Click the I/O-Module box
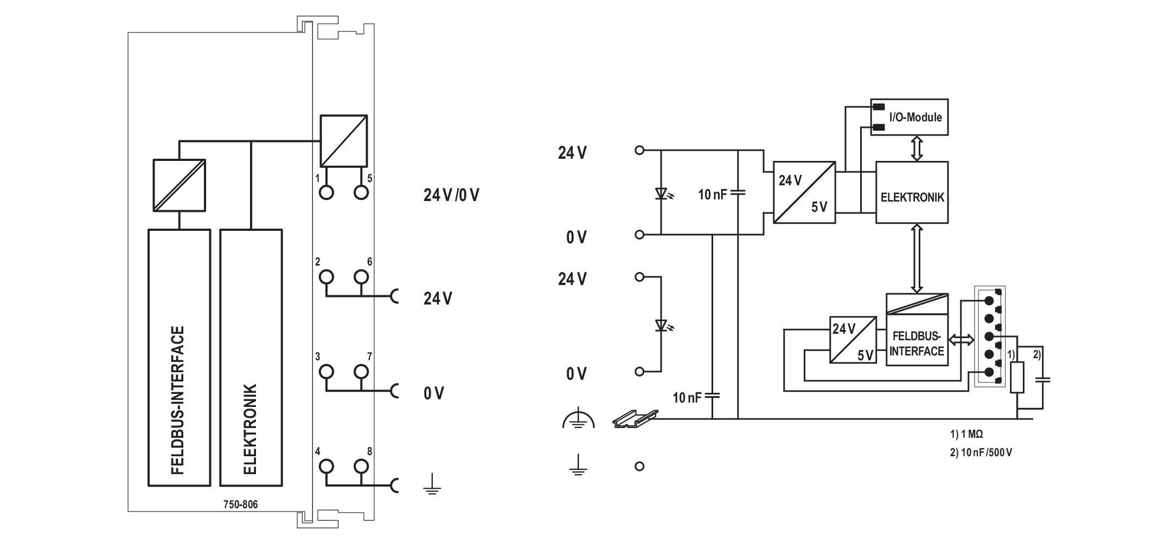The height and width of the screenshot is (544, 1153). (909, 116)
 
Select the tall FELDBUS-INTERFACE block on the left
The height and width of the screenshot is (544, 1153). (179, 358)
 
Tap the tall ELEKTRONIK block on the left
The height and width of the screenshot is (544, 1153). (251, 358)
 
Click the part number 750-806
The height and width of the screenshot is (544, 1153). (241, 504)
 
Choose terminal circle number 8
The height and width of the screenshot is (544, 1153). (361, 466)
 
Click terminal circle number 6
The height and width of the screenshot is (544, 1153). (361, 277)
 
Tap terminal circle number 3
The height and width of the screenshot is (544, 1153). (326, 372)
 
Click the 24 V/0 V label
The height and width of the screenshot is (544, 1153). (451, 195)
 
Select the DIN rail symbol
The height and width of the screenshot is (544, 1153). (635, 418)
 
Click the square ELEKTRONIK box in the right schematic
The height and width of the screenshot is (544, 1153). (912, 192)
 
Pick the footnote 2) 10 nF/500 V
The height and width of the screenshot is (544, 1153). (981, 452)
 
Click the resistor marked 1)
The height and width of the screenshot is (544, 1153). (1017, 378)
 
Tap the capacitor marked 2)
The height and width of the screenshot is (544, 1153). (1042, 380)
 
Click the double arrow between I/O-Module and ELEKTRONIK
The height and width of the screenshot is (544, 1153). (917, 148)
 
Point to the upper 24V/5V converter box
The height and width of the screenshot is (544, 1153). (804, 192)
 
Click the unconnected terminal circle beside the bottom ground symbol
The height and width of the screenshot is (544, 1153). (639, 466)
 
